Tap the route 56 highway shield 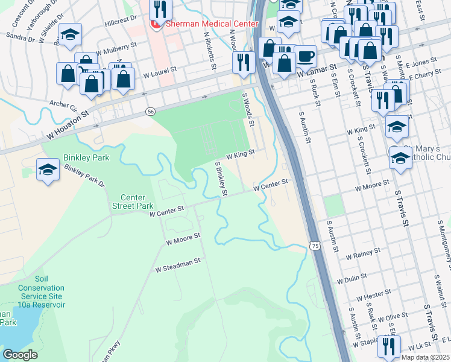(151, 112)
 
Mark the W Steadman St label (177, 265)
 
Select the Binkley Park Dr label (84, 176)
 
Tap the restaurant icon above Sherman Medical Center (160, 8)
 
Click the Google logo (20, 355)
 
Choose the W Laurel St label (159, 73)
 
